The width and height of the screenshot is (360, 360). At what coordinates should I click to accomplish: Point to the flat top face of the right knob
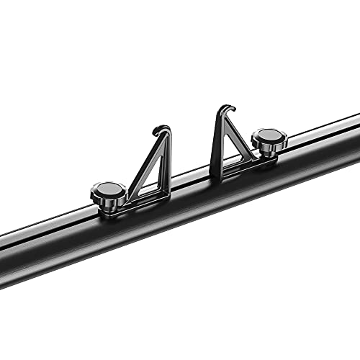pos(269,135)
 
